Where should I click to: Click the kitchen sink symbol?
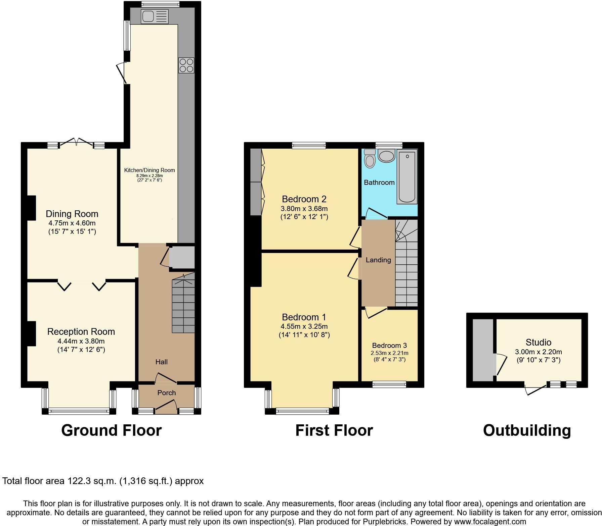[155, 16]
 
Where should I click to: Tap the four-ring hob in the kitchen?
[186, 65]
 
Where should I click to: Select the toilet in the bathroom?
[370, 158]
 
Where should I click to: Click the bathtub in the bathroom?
[407, 177]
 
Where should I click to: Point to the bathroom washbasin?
[387, 156]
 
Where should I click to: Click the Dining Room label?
[72, 214]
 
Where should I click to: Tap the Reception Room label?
[81, 331]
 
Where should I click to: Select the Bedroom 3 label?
[389, 346]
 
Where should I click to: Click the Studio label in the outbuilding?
[538, 342]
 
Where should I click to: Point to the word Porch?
[166, 393]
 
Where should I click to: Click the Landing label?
[378, 260]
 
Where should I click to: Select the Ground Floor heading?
[111, 430]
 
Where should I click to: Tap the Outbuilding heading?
[526, 430]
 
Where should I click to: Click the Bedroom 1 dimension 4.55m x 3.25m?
[304, 326]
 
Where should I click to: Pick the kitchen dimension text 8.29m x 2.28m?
[149, 176]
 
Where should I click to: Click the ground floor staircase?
[183, 305]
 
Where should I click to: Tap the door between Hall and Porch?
[166, 378]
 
